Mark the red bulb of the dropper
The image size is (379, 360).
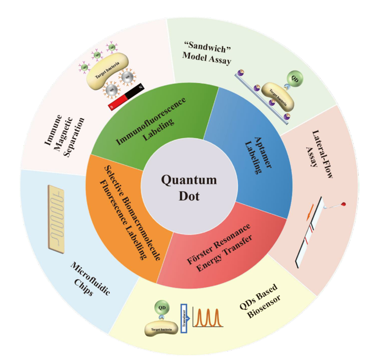[x=343, y=205]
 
